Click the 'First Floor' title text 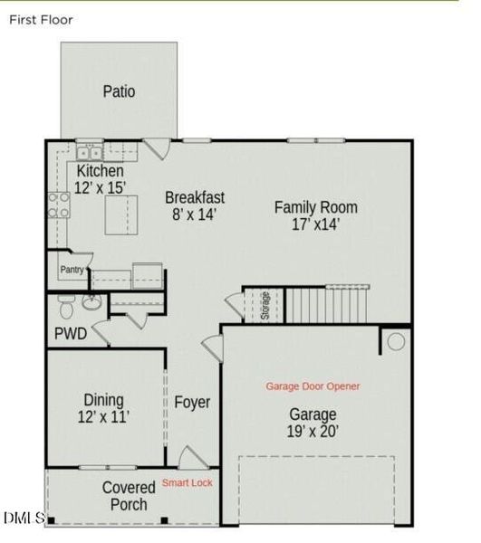click(41, 19)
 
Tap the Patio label click(119, 91)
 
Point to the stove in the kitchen click(60, 205)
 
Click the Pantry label click(72, 270)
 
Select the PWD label click(71, 334)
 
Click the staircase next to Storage click(327, 304)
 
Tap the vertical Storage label click(265, 304)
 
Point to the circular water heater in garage click(395, 342)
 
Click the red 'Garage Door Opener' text click(313, 386)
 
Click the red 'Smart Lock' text click(188, 483)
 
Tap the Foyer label click(192, 402)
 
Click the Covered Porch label click(129, 496)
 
